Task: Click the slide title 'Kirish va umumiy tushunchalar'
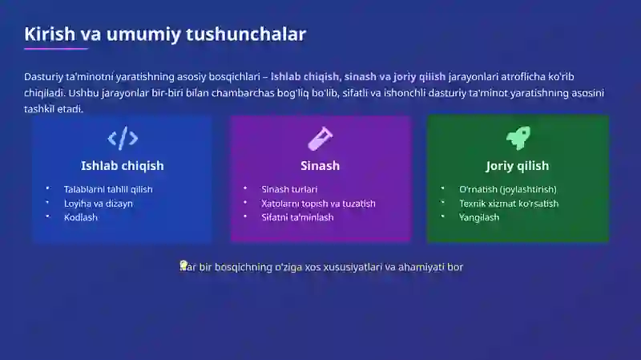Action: [x=165, y=34]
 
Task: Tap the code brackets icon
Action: [x=123, y=139]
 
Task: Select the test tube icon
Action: [x=320, y=139]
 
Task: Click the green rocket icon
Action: [x=518, y=138]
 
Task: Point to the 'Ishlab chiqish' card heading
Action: [x=123, y=166]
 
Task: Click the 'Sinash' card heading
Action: [x=320, y=166]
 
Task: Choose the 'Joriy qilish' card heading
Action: [x=518, y=166]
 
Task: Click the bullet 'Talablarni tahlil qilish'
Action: [x=108, y=189]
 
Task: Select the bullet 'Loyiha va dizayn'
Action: [x=99, y=204]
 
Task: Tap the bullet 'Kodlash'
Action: [x=81, y=217]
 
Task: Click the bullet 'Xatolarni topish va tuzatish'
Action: [x=318, y=204]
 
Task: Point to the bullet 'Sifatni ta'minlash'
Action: [x=297, y=217]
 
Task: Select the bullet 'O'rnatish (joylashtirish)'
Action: [x=507, y=189]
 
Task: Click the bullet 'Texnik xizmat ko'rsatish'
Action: [x=509, y=204]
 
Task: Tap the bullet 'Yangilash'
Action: [x=479, y=217]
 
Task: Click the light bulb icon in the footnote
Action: [x=183, y=265]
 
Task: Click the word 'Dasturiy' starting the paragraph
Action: [x=43, y=77]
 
